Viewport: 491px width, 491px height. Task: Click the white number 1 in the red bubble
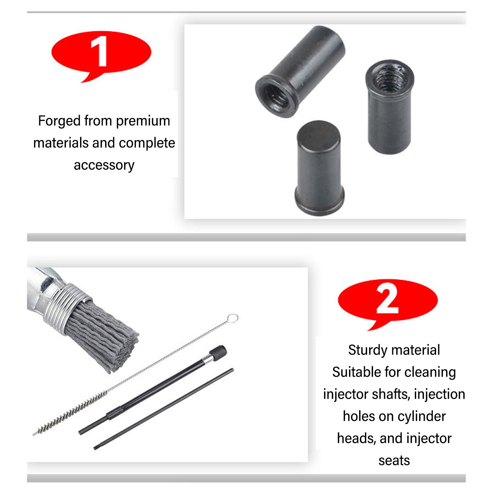tap(99, 51)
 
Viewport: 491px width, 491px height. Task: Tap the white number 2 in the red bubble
tap(387, 298)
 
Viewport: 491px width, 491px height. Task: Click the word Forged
tap(59, 121)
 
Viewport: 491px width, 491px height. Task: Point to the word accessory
tap(104, 165)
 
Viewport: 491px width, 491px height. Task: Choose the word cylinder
tap(422, 416)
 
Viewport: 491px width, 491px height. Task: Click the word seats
tap(394, 461)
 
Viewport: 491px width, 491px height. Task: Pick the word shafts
tap(390, 394)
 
